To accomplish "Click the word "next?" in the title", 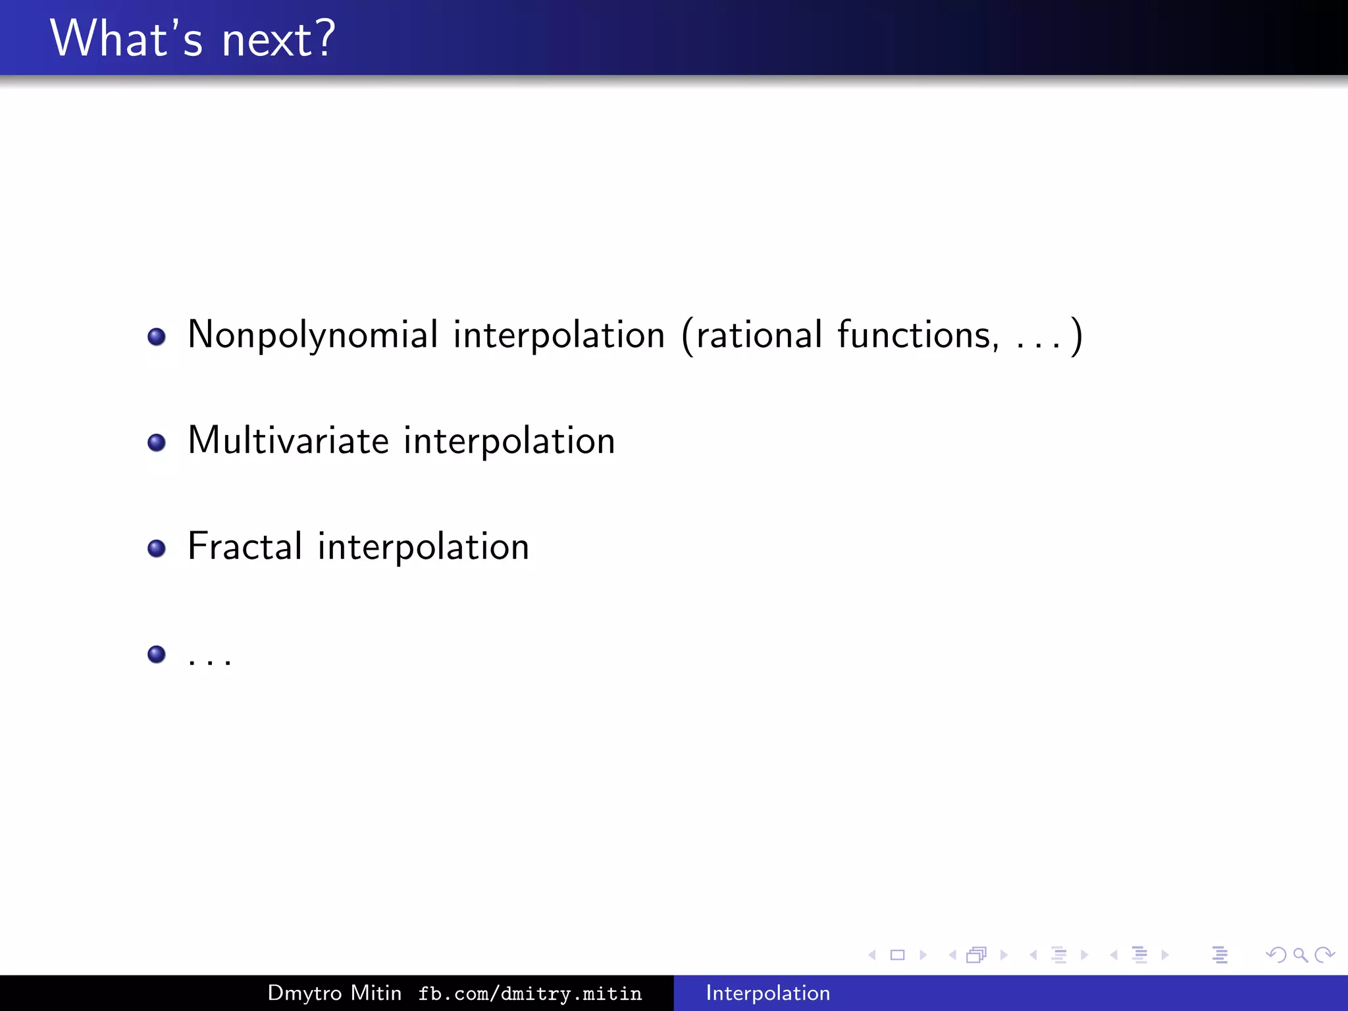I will tap(278, 39).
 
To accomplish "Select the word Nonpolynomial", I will tap(313, 335).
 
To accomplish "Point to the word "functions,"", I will tap(918, 335).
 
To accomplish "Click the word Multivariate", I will tap(288, 440).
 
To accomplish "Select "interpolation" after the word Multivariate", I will tap(509, 442).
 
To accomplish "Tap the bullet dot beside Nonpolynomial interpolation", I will tap(157, 337).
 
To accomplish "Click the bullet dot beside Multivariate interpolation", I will tap(157, 442).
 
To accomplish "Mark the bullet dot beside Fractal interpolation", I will tap(157, 548).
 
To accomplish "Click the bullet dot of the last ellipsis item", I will tap(157, 654).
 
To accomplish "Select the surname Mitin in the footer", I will tap(376, 993).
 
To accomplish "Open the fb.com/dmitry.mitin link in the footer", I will tap(530, 994).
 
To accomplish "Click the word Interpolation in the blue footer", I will tap(767, 993).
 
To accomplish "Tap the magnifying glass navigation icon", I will tap(1300, 955).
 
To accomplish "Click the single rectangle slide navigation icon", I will tap(897, 955).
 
